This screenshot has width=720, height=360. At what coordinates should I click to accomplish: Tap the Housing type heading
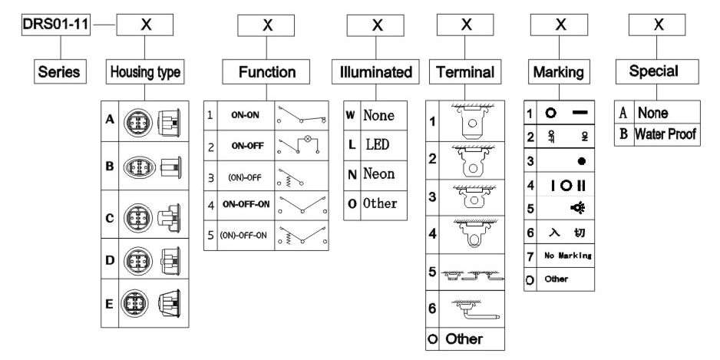[145, 72]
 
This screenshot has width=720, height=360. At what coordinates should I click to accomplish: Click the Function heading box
[267, 72]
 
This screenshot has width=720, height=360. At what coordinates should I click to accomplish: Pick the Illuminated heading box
[377, 72]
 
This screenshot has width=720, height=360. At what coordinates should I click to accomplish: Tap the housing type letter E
[111, 303]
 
